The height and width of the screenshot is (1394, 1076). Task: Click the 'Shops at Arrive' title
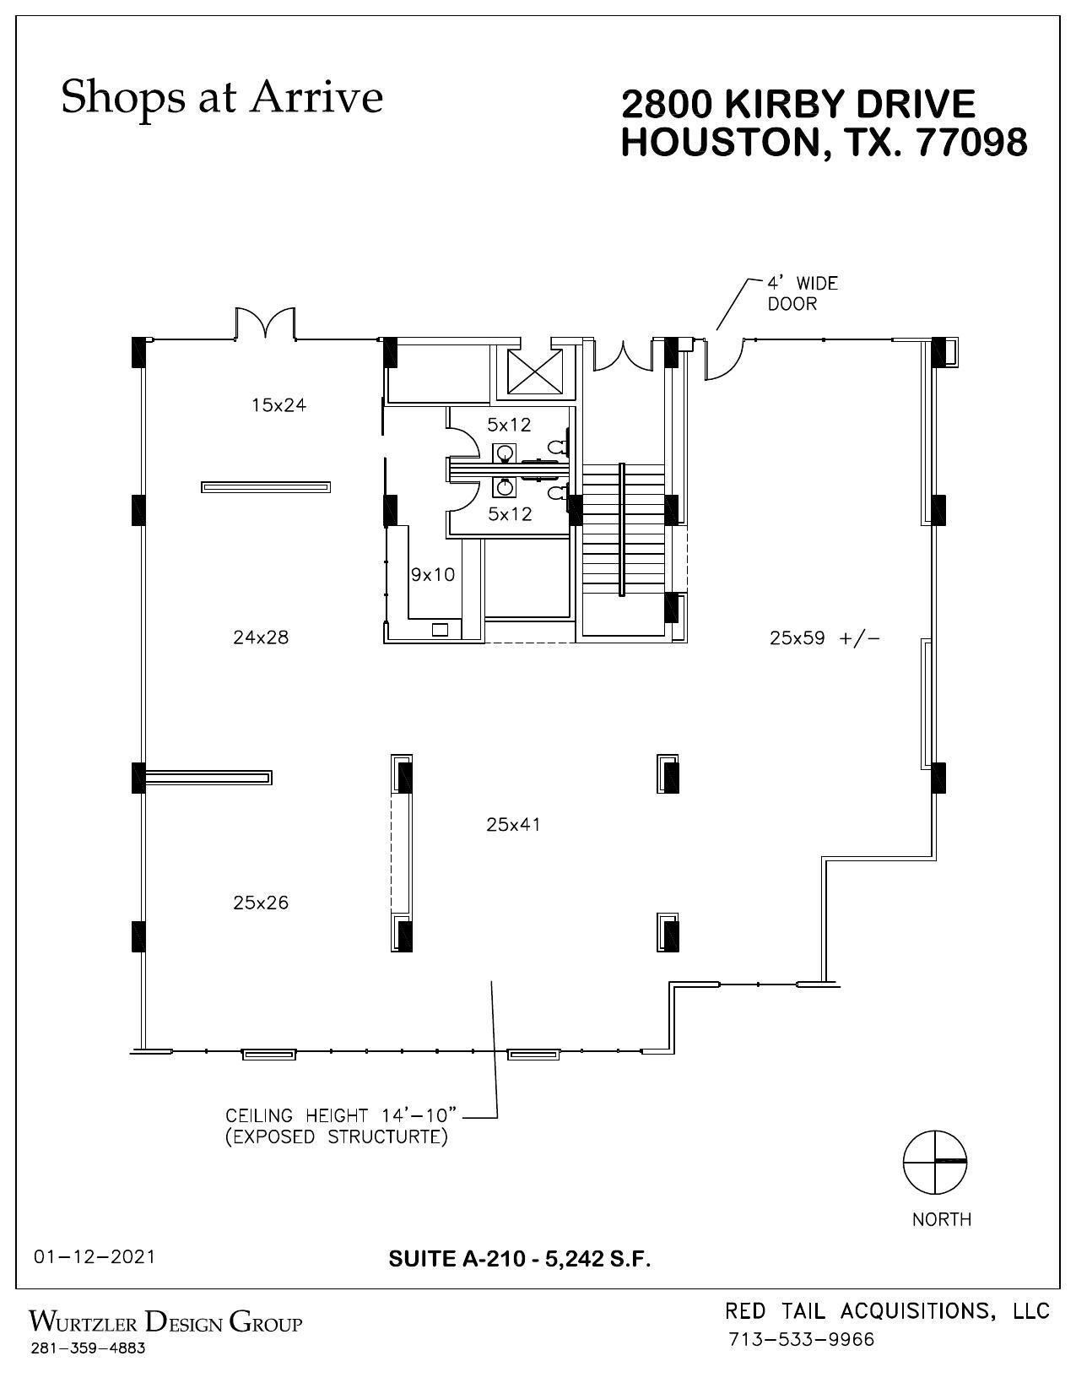[x=222, y=96]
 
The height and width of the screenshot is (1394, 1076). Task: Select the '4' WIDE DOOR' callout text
[x=802, y=293]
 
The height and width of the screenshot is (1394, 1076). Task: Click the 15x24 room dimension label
[x=278, y=405]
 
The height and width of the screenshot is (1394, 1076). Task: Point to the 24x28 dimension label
[x=261, y=637]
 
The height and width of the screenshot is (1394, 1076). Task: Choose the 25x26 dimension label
[x=261, y=903]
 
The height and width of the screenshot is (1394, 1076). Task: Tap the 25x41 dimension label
[x=513, y=825]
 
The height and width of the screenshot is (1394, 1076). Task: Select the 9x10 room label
[x=432, y=575]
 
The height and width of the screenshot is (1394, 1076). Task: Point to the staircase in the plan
[x=622, y=530]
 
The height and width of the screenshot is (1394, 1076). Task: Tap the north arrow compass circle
[x=935, y=1162]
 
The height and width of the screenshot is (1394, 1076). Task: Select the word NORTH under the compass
[x=942, y=1219]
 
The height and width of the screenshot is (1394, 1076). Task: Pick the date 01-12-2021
[x=95, y=1256]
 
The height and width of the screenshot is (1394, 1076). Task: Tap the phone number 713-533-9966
[x=801, y=1340]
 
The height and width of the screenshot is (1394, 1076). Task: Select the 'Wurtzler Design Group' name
[x=165, y=1321]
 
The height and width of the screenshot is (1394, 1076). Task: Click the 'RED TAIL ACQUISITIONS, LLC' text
[x=887, y=1310]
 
